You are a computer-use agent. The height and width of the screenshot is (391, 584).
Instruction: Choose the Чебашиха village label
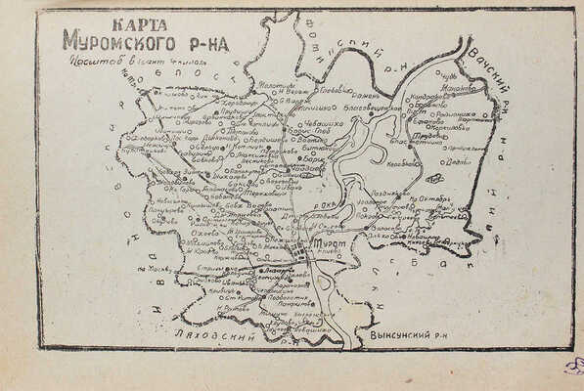[x=323, y=124]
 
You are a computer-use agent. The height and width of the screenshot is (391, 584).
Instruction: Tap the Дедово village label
[x=459, y=163]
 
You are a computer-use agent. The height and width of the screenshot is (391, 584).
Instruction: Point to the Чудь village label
[x=449, y=75]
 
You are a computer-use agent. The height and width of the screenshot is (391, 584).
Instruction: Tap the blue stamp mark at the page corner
[x=574, y=367]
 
